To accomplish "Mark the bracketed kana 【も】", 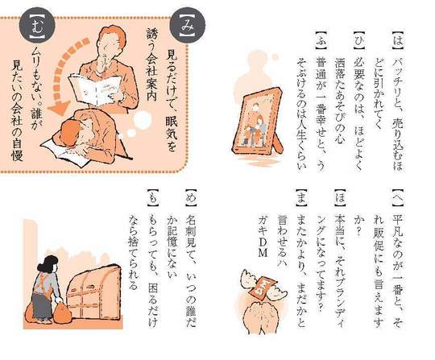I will (x=151, y=197).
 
